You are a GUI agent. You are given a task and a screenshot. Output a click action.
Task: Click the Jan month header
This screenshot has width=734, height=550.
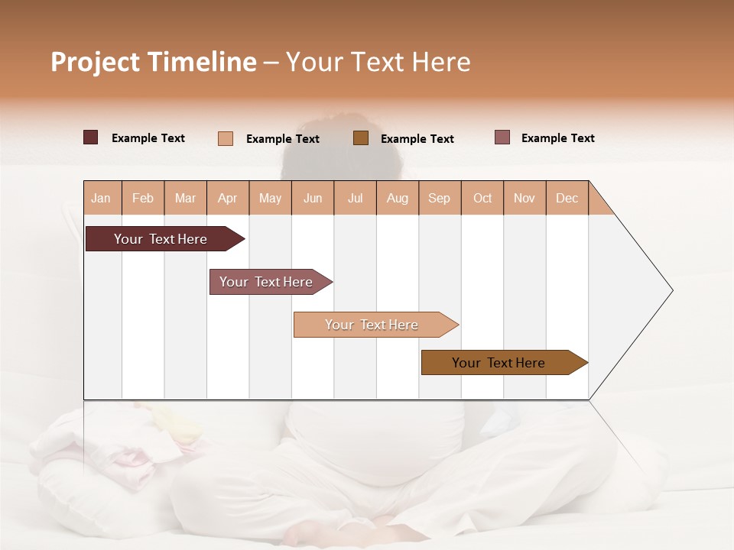(x=101, y=198)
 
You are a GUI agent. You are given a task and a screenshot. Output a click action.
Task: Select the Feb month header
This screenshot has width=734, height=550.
(x=143, y=198)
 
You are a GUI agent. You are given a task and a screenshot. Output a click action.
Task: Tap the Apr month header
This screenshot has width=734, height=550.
(x=227, y=198)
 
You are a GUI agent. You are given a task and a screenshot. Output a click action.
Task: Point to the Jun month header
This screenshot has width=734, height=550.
(x=313, y=198)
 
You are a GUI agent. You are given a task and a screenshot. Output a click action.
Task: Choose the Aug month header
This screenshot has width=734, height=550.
(x=397, y=198)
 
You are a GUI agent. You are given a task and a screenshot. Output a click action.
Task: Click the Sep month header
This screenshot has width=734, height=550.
(x=439, y=198)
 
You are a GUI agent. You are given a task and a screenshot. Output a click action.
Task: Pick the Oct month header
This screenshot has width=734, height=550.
(x=482, y=198)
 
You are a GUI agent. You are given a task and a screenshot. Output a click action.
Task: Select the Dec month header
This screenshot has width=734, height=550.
(x=567, y=198)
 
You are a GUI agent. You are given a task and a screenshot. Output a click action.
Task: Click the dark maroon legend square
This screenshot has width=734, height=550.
(x=91, y=137)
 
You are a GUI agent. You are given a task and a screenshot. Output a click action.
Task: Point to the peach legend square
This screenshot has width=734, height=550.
(x=226, y=138)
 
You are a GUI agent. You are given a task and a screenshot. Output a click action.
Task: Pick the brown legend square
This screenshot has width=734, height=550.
(x=361, y=137)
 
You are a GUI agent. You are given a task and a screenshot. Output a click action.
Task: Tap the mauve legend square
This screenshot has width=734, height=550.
(x=502, y=137)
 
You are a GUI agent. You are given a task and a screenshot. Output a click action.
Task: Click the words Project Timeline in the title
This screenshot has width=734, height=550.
(x=154, y=62)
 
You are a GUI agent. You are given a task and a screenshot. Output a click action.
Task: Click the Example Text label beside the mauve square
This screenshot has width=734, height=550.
(x=557, y=138)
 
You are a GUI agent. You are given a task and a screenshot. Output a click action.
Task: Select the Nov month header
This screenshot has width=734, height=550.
(x=525, y=198)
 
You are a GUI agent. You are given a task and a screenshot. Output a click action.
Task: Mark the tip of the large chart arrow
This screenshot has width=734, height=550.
(x=671, y=290)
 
